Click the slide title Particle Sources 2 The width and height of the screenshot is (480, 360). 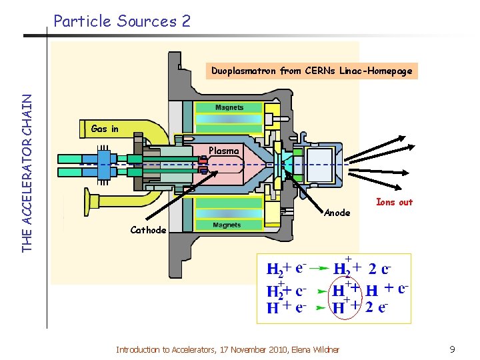pos(122,21)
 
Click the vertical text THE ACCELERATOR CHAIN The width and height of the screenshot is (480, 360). pos(27,172)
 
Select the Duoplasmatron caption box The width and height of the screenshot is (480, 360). pos(311,70)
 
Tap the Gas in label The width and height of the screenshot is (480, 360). pos(105,129)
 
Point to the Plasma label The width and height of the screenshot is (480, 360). pos(223,151)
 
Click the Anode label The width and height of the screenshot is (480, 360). pos(337,213)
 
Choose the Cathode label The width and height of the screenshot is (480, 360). pos(148,230)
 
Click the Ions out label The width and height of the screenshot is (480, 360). pos(394,202)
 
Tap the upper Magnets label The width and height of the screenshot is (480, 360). pos(229,107)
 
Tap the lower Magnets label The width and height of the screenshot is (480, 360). pos(227,225)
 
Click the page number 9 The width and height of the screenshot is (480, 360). pos(451,349)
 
